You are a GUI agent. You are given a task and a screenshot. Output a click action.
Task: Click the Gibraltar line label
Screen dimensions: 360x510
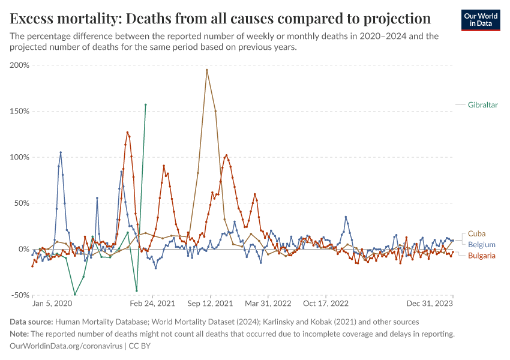(x=484, y=104)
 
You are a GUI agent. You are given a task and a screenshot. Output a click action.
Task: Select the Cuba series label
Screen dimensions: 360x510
(x=476, y=233)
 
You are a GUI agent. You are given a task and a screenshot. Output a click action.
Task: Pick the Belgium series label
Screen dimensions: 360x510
(x=481, y=245)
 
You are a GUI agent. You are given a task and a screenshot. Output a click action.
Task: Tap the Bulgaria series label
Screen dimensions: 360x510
(x=481, y=256)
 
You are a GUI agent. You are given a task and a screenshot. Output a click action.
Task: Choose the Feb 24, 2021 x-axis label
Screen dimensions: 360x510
(x=154, y=304)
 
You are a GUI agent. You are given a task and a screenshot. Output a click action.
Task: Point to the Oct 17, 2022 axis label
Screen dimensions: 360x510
(x=326, y=304)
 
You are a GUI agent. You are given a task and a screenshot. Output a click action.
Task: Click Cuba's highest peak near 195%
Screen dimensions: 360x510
(x=207, y=70)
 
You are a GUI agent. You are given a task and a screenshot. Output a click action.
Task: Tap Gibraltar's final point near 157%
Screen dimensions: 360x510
(x=146, y=104)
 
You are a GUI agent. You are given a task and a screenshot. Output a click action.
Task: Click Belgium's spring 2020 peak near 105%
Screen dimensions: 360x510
(x=61, y=152)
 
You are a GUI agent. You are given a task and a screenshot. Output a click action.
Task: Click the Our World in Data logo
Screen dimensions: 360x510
(x=481, y=19)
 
